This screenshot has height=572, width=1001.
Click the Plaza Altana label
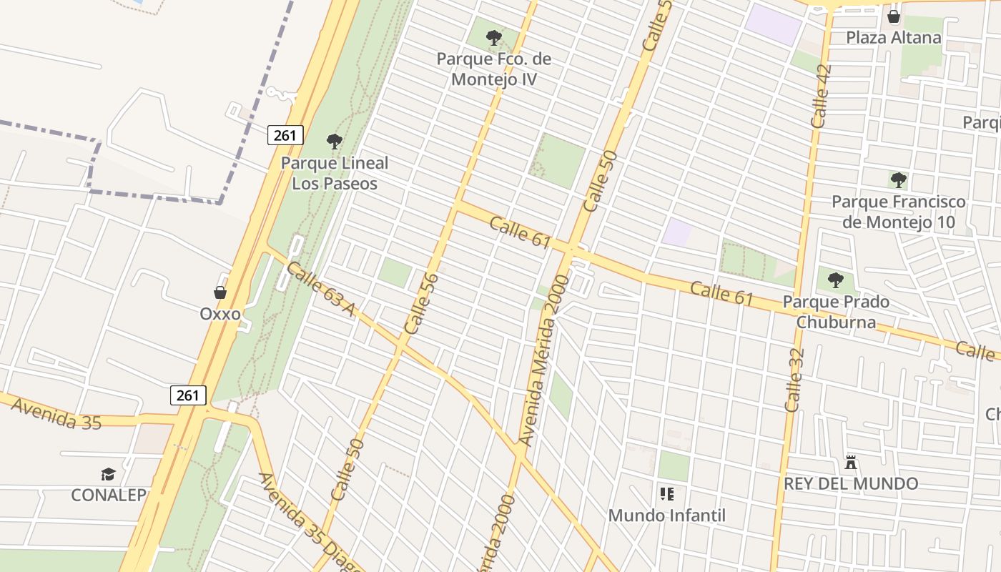coord(894,37)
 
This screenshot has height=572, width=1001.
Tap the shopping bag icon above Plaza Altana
coord(894,16)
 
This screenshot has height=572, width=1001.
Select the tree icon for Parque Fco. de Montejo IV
coord(493,37)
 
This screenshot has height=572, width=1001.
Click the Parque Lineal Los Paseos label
coord(335,172)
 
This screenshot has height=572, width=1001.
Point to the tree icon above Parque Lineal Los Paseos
coord(334,142)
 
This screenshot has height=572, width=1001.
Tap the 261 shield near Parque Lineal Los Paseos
coord(286,134)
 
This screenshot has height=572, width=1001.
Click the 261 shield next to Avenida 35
coord(189,395)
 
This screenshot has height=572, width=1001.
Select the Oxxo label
coord(220,314)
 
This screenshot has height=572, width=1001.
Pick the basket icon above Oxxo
coord(220,292)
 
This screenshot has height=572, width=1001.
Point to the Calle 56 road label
coord(421,303)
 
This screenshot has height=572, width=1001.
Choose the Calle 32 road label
coord(794,380)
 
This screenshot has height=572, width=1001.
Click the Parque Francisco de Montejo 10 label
coord(899,212)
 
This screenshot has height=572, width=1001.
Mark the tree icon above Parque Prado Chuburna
coord(835,280)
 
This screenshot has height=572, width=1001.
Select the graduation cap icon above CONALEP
coord(108,473)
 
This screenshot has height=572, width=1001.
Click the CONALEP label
coord(109,495)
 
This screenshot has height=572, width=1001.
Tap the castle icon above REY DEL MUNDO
coord(851,462)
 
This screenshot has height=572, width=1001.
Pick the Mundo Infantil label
coord(667,515)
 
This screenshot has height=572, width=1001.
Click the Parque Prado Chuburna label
coord(837,312)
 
